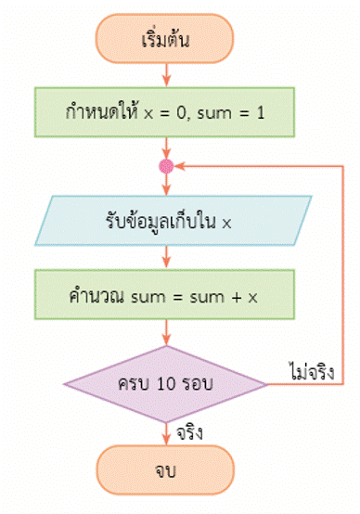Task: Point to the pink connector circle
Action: click(167, 167)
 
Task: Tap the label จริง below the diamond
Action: click(188, 432)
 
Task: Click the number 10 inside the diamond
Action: click(174, 383)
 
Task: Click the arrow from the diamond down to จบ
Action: click(167, 432)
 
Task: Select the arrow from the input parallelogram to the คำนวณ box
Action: click(167, 259)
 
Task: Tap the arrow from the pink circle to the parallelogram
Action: click(167, 186)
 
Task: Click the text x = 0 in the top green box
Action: click(170, 112)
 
